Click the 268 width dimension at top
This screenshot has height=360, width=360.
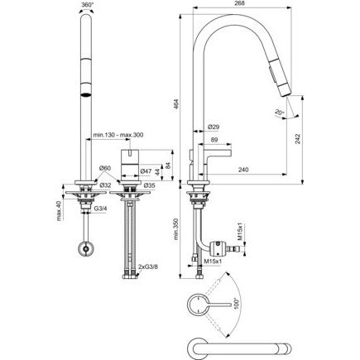click(240, 3)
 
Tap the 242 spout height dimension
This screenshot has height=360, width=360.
click(297, 139)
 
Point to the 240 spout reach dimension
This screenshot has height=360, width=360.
click(243, 170)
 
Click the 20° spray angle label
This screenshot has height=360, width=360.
click(280, 113)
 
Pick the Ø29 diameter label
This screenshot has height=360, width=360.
click(214, 127)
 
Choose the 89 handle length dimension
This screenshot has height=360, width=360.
click(214, 140)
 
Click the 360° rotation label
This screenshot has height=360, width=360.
click(88, 5)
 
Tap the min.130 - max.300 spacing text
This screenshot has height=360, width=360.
click(118, 135)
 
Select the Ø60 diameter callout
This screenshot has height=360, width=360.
click(105, 168)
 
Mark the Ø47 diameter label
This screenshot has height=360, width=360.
click(146, 171)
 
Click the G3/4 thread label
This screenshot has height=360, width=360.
click(100, 209)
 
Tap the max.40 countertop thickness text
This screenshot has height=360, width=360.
click(59, 211)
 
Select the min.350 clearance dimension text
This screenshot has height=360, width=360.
click(176, 229)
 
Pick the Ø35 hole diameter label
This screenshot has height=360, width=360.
click(149, 185)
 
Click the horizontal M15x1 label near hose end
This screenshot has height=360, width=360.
click(214, 262)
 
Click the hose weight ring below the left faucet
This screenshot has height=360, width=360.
click(87, 248)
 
